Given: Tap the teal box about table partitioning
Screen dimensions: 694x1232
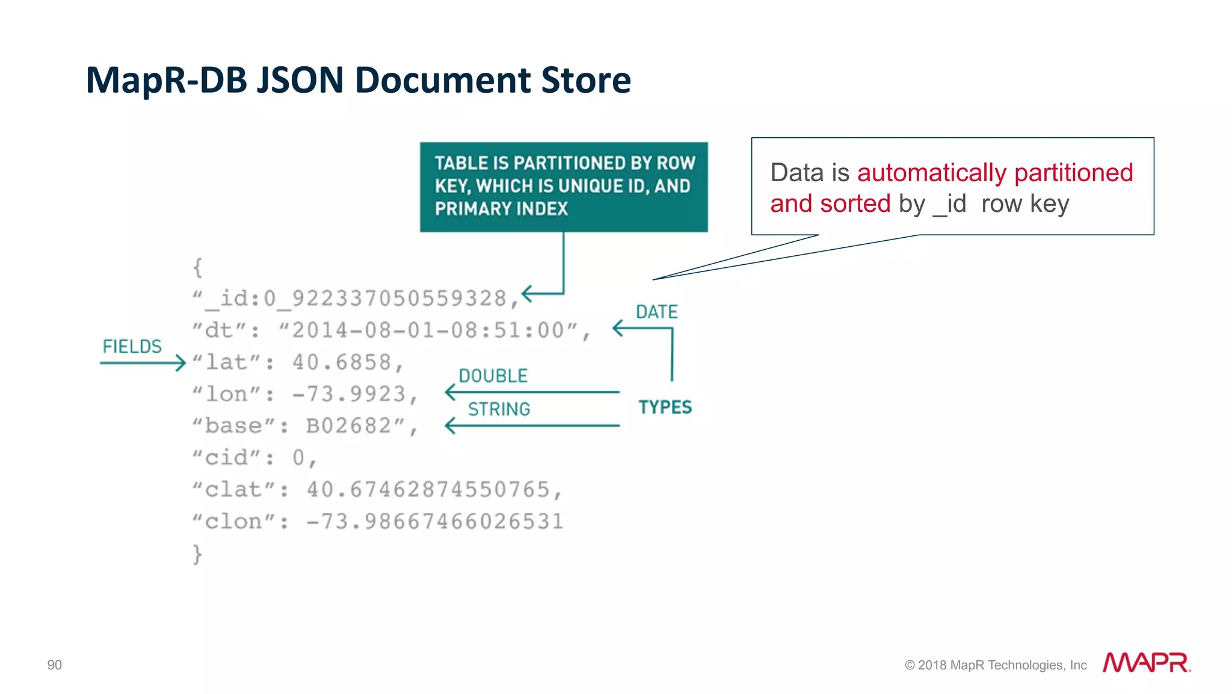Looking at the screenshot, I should point(564,187).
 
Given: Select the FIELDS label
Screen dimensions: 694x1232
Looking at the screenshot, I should point(132,347).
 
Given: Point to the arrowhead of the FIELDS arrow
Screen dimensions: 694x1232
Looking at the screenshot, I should point(180,363).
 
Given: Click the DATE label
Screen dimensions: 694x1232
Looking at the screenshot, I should point(656,312).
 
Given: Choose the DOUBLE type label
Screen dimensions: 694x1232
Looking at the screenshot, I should point(493,376).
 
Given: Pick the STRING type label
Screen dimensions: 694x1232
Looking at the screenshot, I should point(499,409).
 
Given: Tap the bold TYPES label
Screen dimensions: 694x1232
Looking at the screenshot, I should point(665,407).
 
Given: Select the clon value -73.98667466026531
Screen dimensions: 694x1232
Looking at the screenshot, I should point(434,522).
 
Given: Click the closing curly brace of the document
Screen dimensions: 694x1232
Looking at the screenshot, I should point(197,554).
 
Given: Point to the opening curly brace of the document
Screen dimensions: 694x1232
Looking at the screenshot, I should point(197,267).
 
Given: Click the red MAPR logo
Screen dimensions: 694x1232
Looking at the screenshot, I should point(1146,663).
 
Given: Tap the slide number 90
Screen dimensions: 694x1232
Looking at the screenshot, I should point(54,665).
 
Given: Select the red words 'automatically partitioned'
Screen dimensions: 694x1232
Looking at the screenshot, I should point(994,173).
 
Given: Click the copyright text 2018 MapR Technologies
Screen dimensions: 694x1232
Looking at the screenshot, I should point(996,665).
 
